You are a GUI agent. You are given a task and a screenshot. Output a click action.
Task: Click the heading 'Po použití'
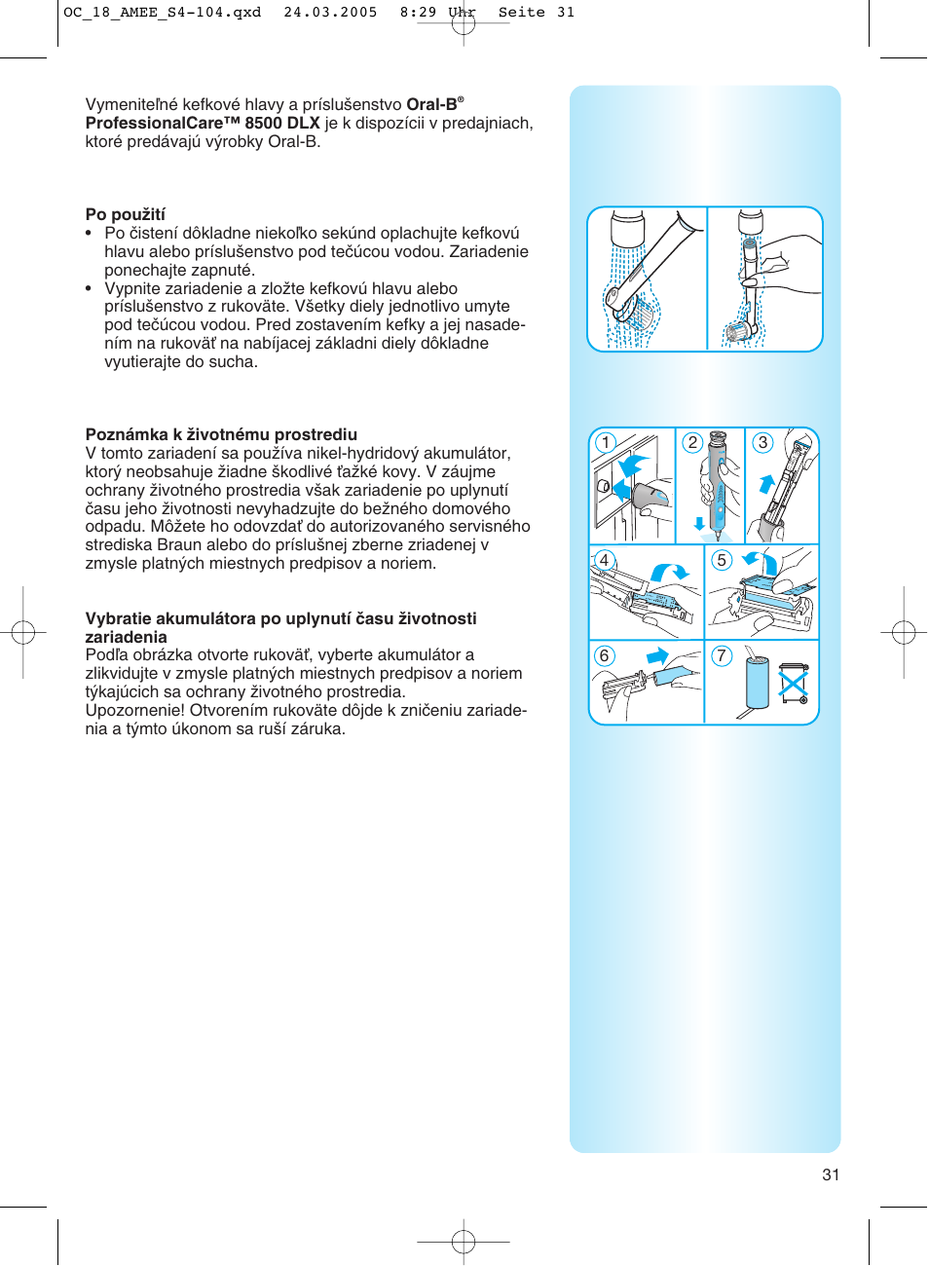[x=125, y=214]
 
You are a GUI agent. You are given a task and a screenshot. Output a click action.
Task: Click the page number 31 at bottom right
[x=831, y=1174]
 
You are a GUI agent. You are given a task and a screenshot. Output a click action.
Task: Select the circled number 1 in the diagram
[x=606, y=443]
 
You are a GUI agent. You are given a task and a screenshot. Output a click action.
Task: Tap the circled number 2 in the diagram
[x=692, y=442]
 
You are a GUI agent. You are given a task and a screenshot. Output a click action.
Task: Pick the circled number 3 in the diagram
[x=763, y=442]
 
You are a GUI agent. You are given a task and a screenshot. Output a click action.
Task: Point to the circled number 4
[x=605, y=560]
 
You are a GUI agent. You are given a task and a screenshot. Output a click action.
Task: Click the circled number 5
[x=722, y=560]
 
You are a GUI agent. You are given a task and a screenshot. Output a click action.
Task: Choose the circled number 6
[x=605, y=655]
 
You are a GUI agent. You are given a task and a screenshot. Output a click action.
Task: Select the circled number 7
[x=722, y=655]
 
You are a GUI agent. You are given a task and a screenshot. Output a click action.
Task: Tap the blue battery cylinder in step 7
[x=758, y=683]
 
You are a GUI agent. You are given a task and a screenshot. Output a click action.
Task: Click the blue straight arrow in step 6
[x=658, y=655]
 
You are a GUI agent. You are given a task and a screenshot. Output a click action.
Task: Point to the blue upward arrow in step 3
[x=766, y=483]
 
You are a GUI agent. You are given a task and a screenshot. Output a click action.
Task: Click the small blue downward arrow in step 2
[x=699, y=524]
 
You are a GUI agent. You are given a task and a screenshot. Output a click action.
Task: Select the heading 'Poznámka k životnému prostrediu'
[x=221, y=434]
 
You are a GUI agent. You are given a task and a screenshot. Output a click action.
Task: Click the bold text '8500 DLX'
[x=282, y=123]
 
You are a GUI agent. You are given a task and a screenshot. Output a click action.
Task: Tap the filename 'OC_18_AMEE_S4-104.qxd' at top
[x=162, y=13]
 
